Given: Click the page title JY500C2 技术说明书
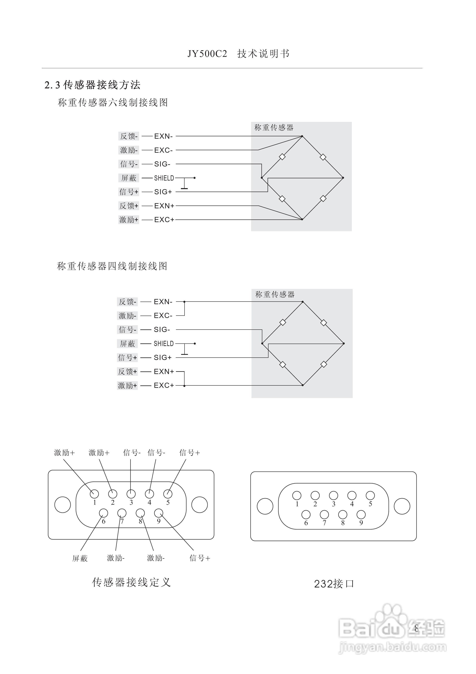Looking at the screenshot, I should [238, 54].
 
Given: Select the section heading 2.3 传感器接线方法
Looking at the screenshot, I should [92, 85].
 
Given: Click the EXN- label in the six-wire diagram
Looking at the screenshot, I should [163, 136].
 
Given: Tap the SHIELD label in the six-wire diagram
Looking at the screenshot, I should [164, 178].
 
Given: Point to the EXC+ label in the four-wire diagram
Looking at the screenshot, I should [164, 385].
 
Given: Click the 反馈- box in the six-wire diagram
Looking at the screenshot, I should [129, 136].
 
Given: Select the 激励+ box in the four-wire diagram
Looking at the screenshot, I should [128, 385].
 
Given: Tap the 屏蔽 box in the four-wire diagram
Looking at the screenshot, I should [128, 343].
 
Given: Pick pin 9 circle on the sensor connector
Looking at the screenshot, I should [159, 513].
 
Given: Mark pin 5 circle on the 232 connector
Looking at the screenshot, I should [370, 495].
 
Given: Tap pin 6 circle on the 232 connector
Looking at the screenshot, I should [306, 515].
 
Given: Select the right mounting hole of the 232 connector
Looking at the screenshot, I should [402, 506].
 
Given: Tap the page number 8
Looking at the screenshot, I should [416, 629].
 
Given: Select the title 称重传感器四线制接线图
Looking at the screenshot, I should [112, 266].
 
